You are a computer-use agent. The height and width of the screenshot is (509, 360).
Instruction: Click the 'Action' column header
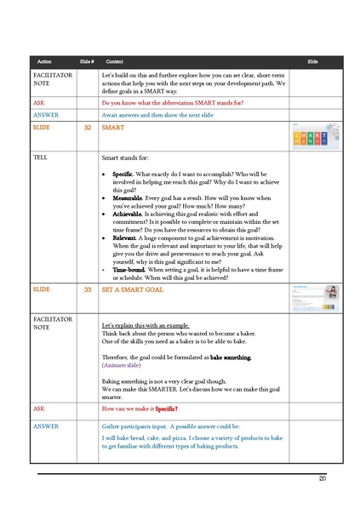point(45,62)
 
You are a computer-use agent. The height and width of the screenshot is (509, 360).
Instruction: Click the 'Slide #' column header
point(86,62)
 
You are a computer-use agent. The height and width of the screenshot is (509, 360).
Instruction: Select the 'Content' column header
point(115,62)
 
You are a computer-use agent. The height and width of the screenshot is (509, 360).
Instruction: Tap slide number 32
point(88,127)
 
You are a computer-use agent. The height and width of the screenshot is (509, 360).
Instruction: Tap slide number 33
point(88,289)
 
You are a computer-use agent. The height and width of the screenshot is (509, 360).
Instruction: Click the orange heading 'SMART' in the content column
point(112,127)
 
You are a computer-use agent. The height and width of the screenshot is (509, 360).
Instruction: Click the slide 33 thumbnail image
point(316,296)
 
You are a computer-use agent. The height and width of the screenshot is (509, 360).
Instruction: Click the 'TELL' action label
point(39,158)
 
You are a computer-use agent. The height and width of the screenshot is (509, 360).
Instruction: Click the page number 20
point(323,479)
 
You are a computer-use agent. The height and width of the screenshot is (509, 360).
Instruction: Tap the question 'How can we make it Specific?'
point(145,409)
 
